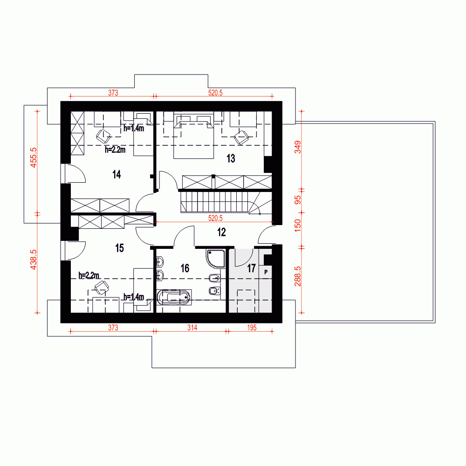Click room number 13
click(x=231, y=158)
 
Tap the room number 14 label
click(x=116, y=174)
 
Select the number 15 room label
click(x=119, y=248)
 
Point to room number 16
click(x=185, y=268)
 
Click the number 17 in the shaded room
click(x=252, y=268)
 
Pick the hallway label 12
click(x=221, y=232)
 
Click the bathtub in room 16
click(x=173, y=297)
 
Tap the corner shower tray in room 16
click(x=215, y=259)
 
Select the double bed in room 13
click(x=193, y=136)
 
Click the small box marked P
click(x=266, y=272)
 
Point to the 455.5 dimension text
click(x=33, y=158)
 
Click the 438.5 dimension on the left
click(x=33, y=260)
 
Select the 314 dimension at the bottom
click(x=192, y=328)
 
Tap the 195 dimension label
click(x=252, y=328)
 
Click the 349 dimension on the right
click(x=297, y=147)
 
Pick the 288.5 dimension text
click(x=297, y=276)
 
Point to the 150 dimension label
click(x=297, y=226)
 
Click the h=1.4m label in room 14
click(x=134, y=129)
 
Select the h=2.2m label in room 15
click(x=89, y=275)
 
